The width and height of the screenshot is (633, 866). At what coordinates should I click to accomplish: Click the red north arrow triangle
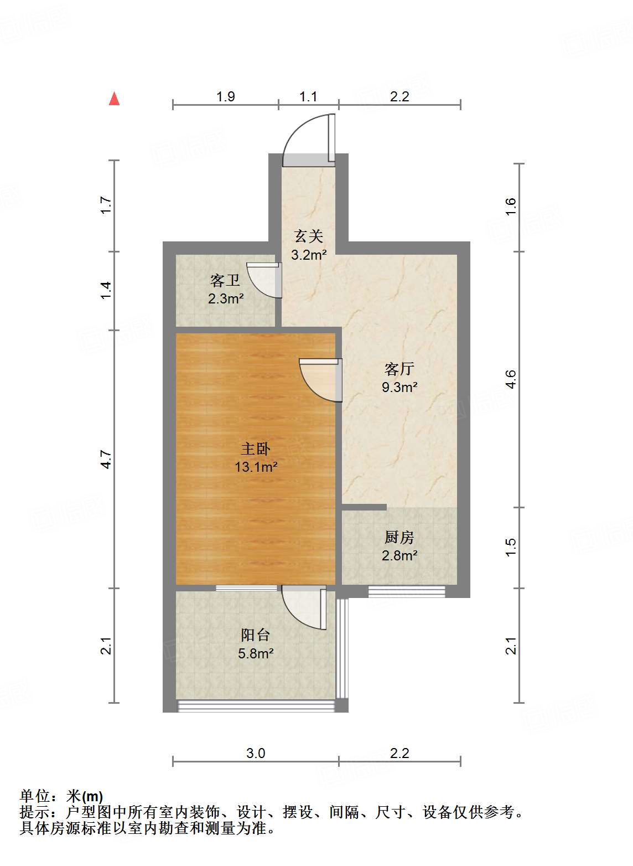[x=115, y=99]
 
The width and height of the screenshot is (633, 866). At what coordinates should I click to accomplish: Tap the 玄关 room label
[x=308, y=236]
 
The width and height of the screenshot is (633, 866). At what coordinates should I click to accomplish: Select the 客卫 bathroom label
[x=225, y=281]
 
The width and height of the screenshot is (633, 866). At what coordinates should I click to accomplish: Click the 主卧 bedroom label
[x=255, y=449]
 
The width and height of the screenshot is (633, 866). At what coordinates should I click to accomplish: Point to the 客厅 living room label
[x=399, y=369]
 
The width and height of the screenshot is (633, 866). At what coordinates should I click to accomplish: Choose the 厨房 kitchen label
[x=399, y=537]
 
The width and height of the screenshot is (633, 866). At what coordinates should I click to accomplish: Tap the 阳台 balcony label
[x=255, y=635]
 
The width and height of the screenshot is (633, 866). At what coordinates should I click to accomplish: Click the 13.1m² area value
[x=255, y=467]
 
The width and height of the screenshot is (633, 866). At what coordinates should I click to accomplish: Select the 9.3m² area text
[x=399, y=387]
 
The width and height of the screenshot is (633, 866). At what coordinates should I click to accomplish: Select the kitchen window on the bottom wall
[x=407, y=591]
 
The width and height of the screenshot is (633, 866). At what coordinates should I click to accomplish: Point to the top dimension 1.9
[x=225, y=96]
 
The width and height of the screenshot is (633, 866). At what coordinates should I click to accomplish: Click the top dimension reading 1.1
[x=308, y=96]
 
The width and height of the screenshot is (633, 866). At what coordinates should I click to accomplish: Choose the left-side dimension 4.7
[x=106, y=459]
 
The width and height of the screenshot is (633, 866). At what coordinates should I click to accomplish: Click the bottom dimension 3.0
[x=256, y=753]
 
